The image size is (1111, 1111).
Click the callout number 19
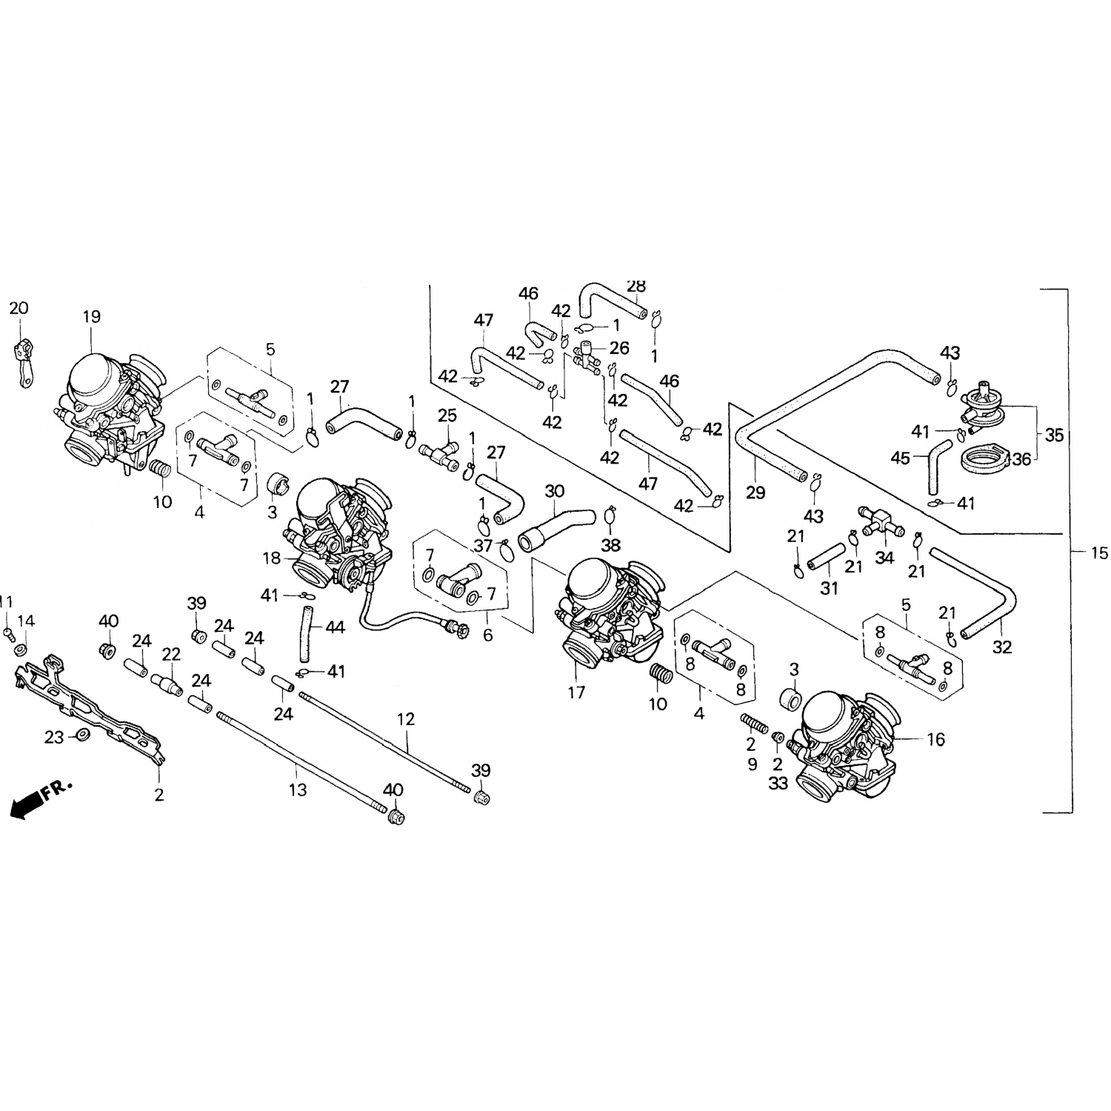[x=91, y=317]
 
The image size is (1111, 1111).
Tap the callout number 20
[x=19, y=308]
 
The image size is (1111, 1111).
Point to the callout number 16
[x=936, y=739]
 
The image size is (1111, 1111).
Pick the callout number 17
[x=576, y=693]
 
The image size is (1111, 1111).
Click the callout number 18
[x=273, y=558]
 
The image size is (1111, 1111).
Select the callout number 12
[x=406, y=718]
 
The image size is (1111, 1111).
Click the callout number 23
[x=54, y=737]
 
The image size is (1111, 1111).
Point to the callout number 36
[x=1021, y=460]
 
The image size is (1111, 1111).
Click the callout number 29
[x=755, y=493]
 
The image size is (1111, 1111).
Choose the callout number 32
[x=1002, y=647]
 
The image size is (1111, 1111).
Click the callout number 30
[x=555, y=490]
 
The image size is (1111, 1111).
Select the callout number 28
[x=636, y=286]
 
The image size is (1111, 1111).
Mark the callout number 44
[x=335, y=628]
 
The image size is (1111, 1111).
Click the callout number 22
[x=171, y=654]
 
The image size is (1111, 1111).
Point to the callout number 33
[x=778, y=783]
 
